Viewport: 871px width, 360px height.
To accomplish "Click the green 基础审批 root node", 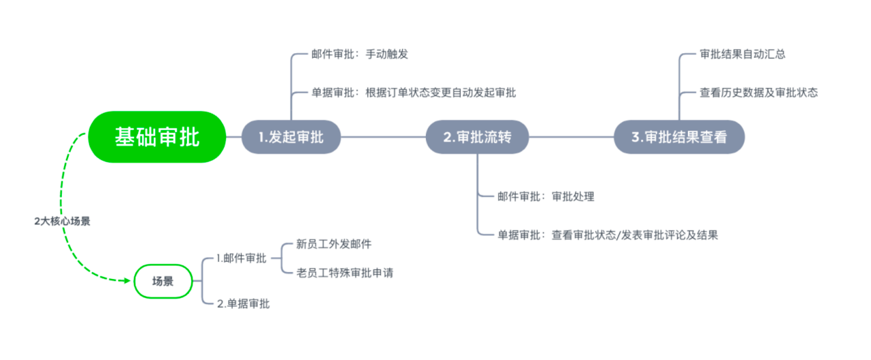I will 157,137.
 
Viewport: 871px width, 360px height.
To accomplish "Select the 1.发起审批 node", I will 291,137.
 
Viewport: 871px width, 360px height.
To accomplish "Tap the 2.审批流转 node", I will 477,137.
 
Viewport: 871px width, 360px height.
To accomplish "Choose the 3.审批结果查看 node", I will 678,137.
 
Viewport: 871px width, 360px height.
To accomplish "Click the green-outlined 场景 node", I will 163,281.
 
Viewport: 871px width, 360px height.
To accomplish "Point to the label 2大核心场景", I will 62,221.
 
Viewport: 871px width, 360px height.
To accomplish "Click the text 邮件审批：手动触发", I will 359,54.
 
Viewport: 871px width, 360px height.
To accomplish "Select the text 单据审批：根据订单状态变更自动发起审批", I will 413,93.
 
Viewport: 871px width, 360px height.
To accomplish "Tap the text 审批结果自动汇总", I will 742,54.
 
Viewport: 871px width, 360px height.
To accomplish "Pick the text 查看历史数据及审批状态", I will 759,93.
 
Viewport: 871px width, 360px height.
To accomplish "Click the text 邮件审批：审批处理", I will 546,197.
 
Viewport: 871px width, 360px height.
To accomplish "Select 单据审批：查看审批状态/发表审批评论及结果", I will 608,235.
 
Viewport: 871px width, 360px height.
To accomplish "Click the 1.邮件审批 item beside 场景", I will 241,258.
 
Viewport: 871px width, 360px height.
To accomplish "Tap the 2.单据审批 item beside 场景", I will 243,304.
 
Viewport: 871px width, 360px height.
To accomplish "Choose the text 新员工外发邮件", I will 334,244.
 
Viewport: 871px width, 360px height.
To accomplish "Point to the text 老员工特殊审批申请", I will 345,273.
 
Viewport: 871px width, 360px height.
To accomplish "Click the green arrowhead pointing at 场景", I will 127,280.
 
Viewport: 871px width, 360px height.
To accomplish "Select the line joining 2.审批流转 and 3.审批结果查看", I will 571,137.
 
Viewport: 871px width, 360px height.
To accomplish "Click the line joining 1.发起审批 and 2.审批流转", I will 382,137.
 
